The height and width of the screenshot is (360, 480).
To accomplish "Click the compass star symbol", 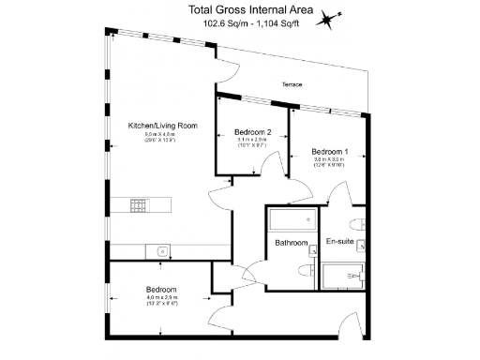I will coord(327,19).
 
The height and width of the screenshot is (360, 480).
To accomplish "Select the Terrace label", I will coord(292,85).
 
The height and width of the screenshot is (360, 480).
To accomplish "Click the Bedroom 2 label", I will coord(253,132).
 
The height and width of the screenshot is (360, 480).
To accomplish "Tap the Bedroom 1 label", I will coord(329,152).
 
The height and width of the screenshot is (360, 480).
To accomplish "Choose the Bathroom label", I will coord(292,244).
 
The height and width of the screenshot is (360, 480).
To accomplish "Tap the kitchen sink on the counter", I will coord(162,250).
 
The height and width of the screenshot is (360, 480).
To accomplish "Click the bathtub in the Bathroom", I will coord(291,222).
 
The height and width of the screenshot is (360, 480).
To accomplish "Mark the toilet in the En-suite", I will coord(357,222).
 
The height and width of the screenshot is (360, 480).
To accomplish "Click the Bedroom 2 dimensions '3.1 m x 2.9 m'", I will coord(253,141).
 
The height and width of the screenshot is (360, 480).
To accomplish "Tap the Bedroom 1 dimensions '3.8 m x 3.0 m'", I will coord(329,160).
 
